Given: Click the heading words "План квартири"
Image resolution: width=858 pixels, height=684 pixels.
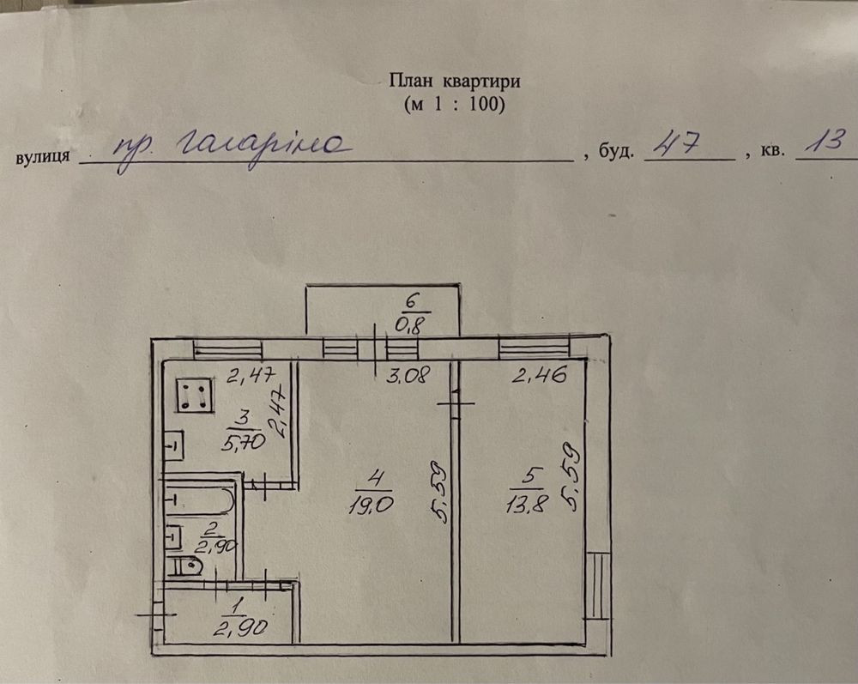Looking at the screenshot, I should (x=455, y=82).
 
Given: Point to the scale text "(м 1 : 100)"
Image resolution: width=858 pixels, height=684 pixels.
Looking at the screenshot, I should (x=454, y=105).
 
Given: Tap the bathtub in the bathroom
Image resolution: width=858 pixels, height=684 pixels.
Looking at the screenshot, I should (x=199, y=500).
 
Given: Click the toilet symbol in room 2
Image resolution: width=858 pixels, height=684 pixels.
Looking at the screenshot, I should (x=186, y=566).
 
